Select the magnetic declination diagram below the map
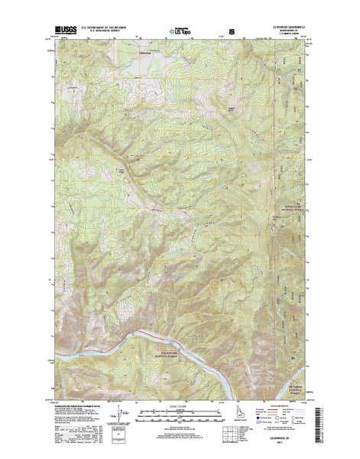[x=117, y=417]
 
